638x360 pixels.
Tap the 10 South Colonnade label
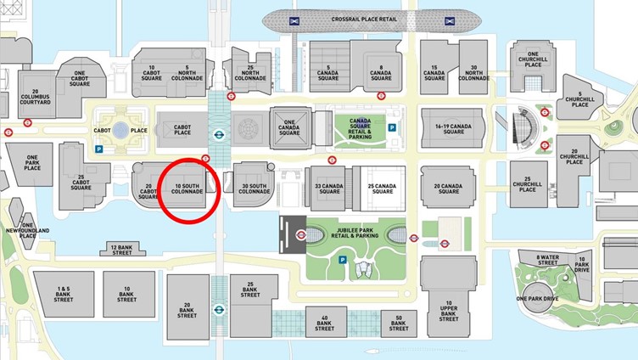click(x=188, y=188)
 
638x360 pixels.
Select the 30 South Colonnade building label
click(x=255, y=188)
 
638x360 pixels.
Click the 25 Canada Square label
click(x=381, y=188)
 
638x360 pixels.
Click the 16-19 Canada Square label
click(x=453, y=128)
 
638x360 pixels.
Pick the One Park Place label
click(x=32, y=164)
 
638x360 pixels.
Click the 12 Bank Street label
click(x=122, y=249)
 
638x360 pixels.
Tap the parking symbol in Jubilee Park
click(x=343, y=259)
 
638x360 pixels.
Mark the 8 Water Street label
click(x=549, y=259)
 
